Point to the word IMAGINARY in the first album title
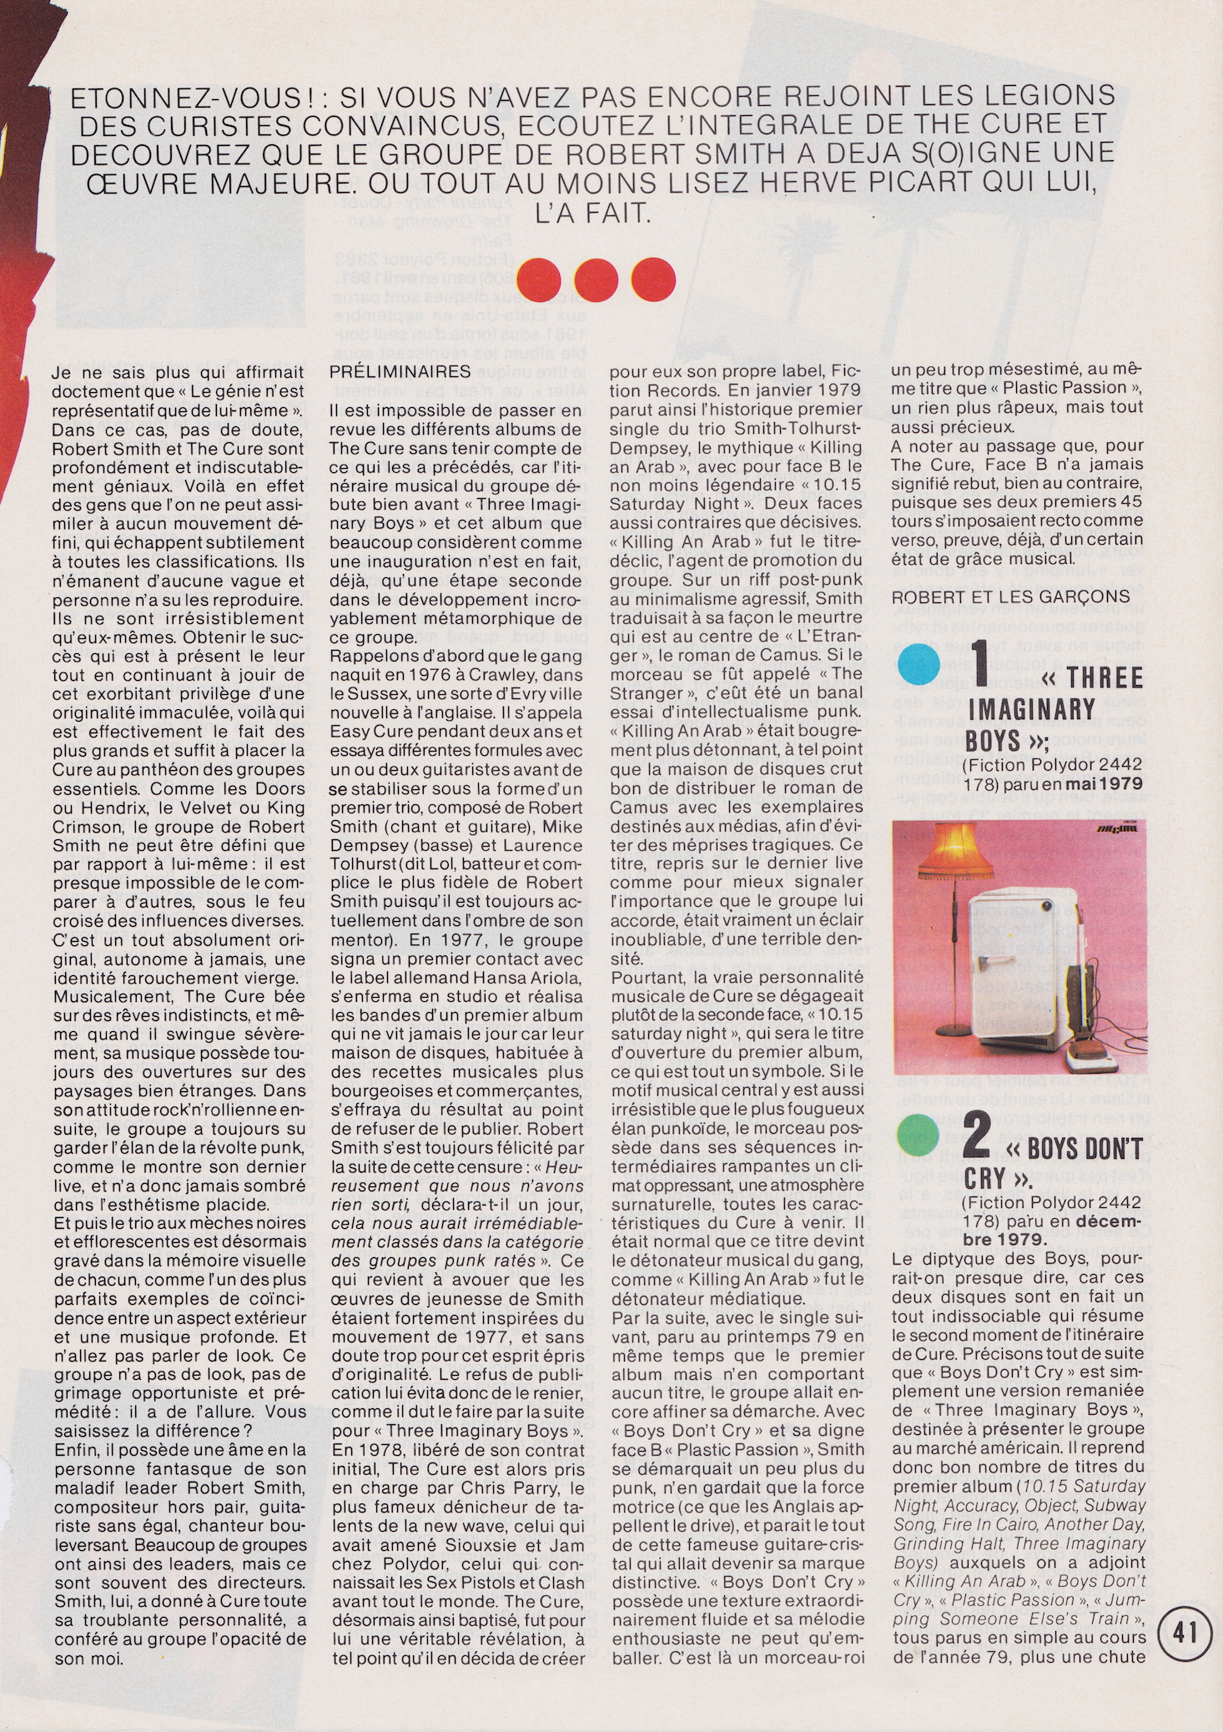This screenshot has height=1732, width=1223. pyautogui.click(x=1031, y=709)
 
